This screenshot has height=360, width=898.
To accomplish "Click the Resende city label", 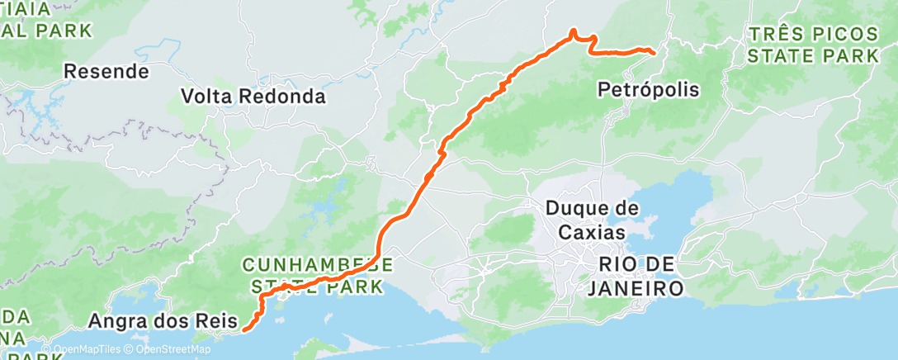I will (x=107, y=72).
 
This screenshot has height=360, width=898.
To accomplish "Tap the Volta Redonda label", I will (x=253, y=97).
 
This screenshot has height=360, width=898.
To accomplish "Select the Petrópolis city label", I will (x=648, y=89).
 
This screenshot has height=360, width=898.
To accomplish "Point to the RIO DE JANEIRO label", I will (x=635, y=277).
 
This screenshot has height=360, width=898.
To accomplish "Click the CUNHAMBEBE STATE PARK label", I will (x=317, y=276).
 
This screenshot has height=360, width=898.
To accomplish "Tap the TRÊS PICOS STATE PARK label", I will (x=812, y=45).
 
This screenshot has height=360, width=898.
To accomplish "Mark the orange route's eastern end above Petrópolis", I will (x=654, y=53).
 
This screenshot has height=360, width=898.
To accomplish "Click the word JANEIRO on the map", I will (x=635, y=289).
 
